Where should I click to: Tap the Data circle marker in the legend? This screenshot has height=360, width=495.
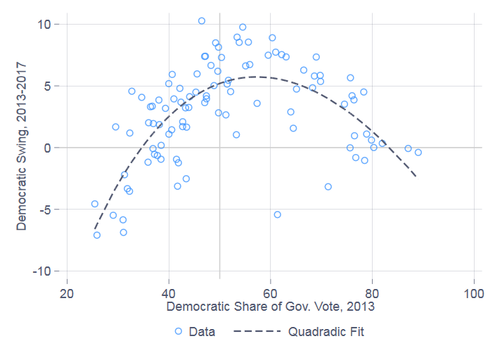[x=178, y=331]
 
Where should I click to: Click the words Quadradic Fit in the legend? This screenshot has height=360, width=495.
[x=326, y=331]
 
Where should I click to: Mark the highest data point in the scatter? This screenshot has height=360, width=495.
[x=201, y=21]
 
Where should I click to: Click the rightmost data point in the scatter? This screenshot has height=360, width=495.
[x=418, y=152]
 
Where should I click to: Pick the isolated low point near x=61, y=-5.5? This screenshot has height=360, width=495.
[x=277, y=214]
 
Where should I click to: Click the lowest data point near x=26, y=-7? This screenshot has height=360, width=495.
[x=97, y=235]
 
